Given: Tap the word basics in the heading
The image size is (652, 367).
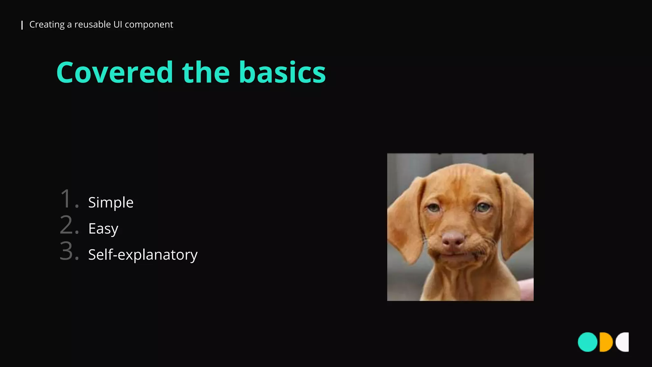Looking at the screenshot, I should [x=282, y=73].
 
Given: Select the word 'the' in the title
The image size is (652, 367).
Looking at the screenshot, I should [x=206, y=73].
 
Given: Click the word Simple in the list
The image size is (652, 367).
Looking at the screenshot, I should [x=111, y=203].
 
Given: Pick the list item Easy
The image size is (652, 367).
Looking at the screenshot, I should [x=103, y=229].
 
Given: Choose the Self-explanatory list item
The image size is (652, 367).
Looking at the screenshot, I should [x=143, y=255].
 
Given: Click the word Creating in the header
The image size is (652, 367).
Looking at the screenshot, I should [x=47, y=25].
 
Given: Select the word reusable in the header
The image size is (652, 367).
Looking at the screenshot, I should [x=92, y=25].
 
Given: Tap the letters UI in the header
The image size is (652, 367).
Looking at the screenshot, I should [x=117, y=25].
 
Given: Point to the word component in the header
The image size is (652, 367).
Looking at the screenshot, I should [x=149, y=25].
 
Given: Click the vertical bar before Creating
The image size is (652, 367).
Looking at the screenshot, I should [x=22, y=25].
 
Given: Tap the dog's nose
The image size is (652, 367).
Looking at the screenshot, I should [x=453, y=239].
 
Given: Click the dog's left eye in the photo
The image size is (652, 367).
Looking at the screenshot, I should [x=433, y=208].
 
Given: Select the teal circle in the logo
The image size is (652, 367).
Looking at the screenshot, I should [x=587, y=342].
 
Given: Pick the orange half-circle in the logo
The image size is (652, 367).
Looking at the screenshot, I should [x=606, y=342].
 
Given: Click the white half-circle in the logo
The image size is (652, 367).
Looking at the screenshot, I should [x=623, y=342].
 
